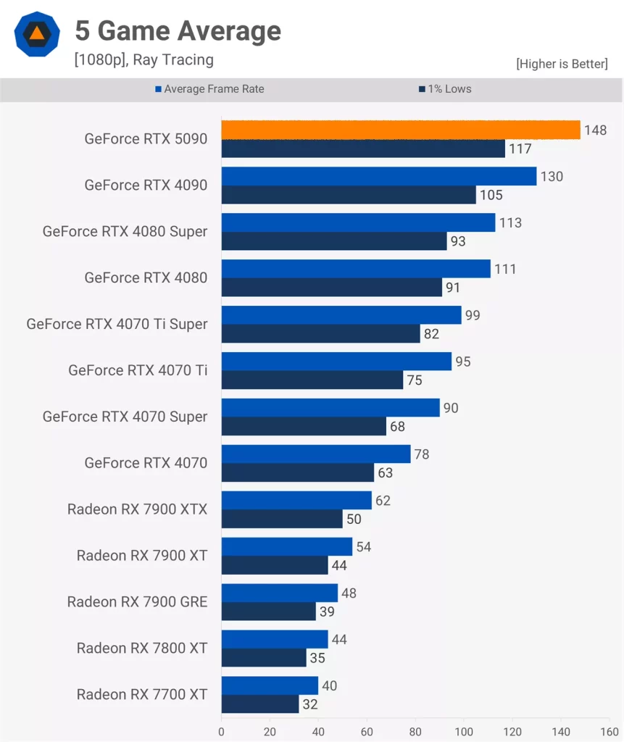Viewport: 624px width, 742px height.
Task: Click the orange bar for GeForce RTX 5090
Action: (400, 130)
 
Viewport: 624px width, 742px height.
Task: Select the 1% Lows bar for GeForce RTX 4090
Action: (349, 195)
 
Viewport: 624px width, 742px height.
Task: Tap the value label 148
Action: (595, 130)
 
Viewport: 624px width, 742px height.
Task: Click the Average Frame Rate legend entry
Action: (209, 89)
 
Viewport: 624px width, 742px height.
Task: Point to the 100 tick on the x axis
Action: (464, 731)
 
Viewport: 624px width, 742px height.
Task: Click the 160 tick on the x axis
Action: (610, 731)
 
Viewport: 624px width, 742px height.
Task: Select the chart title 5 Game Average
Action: (178, 31)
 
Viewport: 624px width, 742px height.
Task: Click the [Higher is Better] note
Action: (562, 64)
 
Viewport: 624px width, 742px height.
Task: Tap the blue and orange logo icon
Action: (36, 33)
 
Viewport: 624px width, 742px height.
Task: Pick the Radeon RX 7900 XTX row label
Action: (137, 509)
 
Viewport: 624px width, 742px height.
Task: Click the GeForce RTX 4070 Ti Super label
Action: (117, 324)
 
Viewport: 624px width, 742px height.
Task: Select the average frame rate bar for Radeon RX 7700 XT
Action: (270, 685)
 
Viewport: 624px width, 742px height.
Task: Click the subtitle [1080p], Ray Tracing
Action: (143, 59)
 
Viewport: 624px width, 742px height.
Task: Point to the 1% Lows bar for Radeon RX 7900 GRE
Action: (268, 612)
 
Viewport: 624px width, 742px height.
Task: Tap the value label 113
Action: (510, 223)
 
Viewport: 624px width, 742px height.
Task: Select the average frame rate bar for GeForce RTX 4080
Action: (355, 269)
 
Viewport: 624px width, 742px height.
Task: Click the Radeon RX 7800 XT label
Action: (142, 649)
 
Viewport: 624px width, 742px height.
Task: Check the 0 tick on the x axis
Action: (221, 731)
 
